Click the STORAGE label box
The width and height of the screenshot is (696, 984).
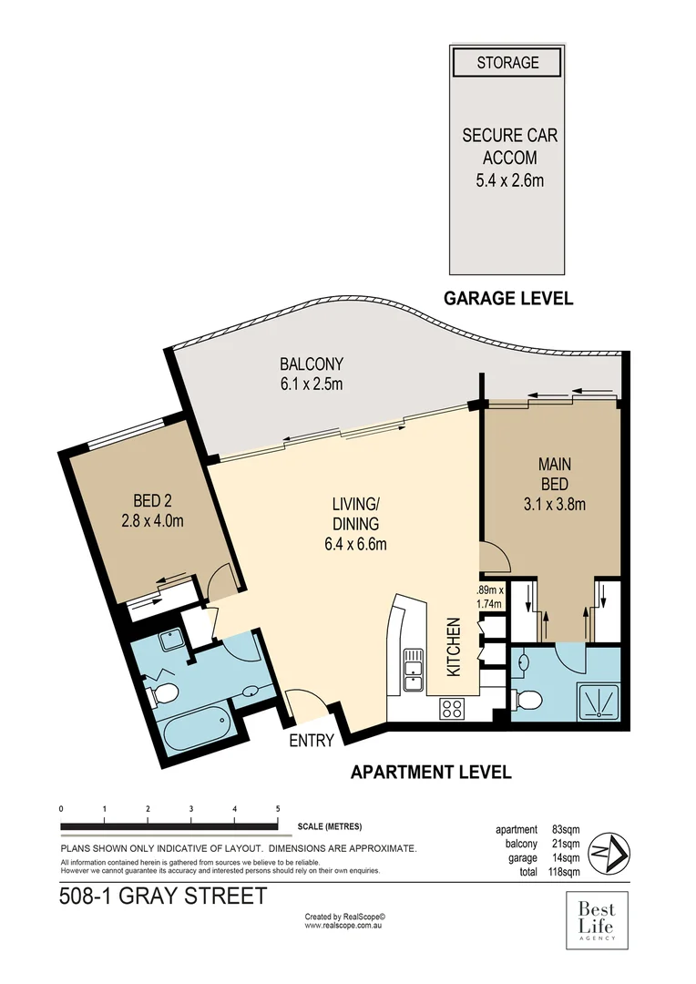(x=507, y=63)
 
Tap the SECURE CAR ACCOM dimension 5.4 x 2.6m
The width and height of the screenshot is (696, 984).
(x=509, y=179)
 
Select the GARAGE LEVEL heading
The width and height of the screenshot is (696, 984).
(x=507, y=298)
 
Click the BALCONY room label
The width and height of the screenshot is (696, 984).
(x=311, y=364)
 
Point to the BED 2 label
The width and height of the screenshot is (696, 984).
(x=152, y=500)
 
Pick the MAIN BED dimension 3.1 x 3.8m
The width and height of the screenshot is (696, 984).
(x=554, y=503)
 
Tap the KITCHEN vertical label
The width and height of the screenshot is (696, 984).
(x=454, y=648)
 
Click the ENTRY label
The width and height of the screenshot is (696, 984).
(x=312, y=741)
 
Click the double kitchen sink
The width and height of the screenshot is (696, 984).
(x=413, y=667)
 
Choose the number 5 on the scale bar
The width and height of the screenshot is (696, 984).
(x=277, y=809)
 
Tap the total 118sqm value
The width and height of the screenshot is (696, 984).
(x=565, y=872)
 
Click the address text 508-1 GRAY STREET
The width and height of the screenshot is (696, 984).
(x=163, y=896)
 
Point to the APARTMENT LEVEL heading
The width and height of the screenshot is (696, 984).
(x=431, y=772)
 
